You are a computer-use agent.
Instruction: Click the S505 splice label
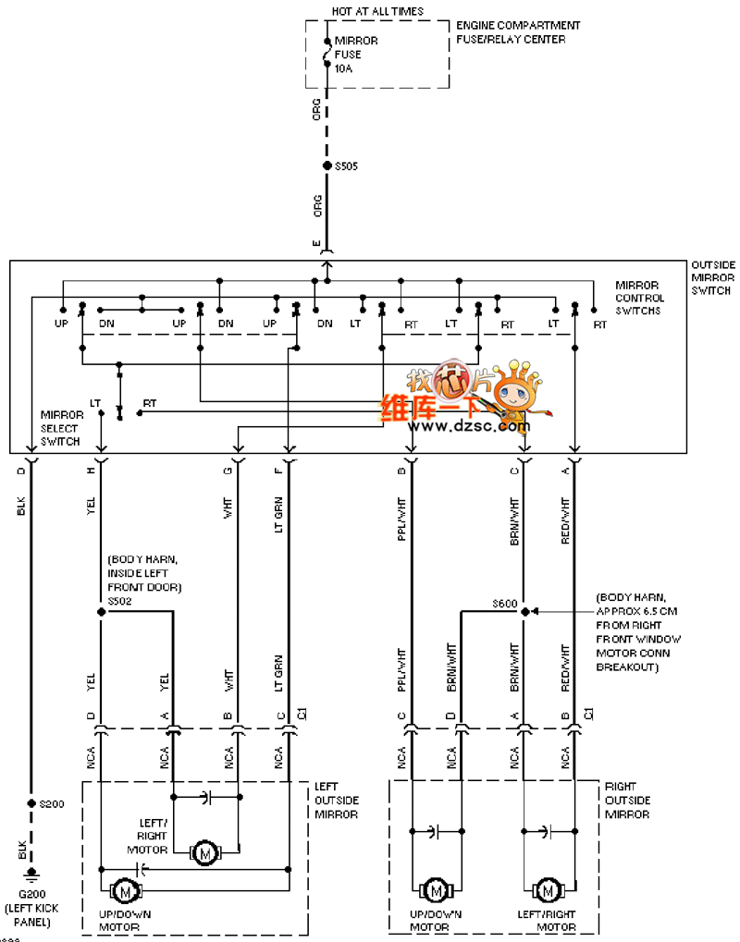[346, 166]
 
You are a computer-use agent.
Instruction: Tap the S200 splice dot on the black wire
[31, 804]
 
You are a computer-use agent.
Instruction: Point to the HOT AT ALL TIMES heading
[377, 11]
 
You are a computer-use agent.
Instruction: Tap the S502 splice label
[120, 601]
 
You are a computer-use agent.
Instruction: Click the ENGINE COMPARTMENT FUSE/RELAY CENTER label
[518, 32]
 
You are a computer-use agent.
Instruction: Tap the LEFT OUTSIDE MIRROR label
[337, 801]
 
